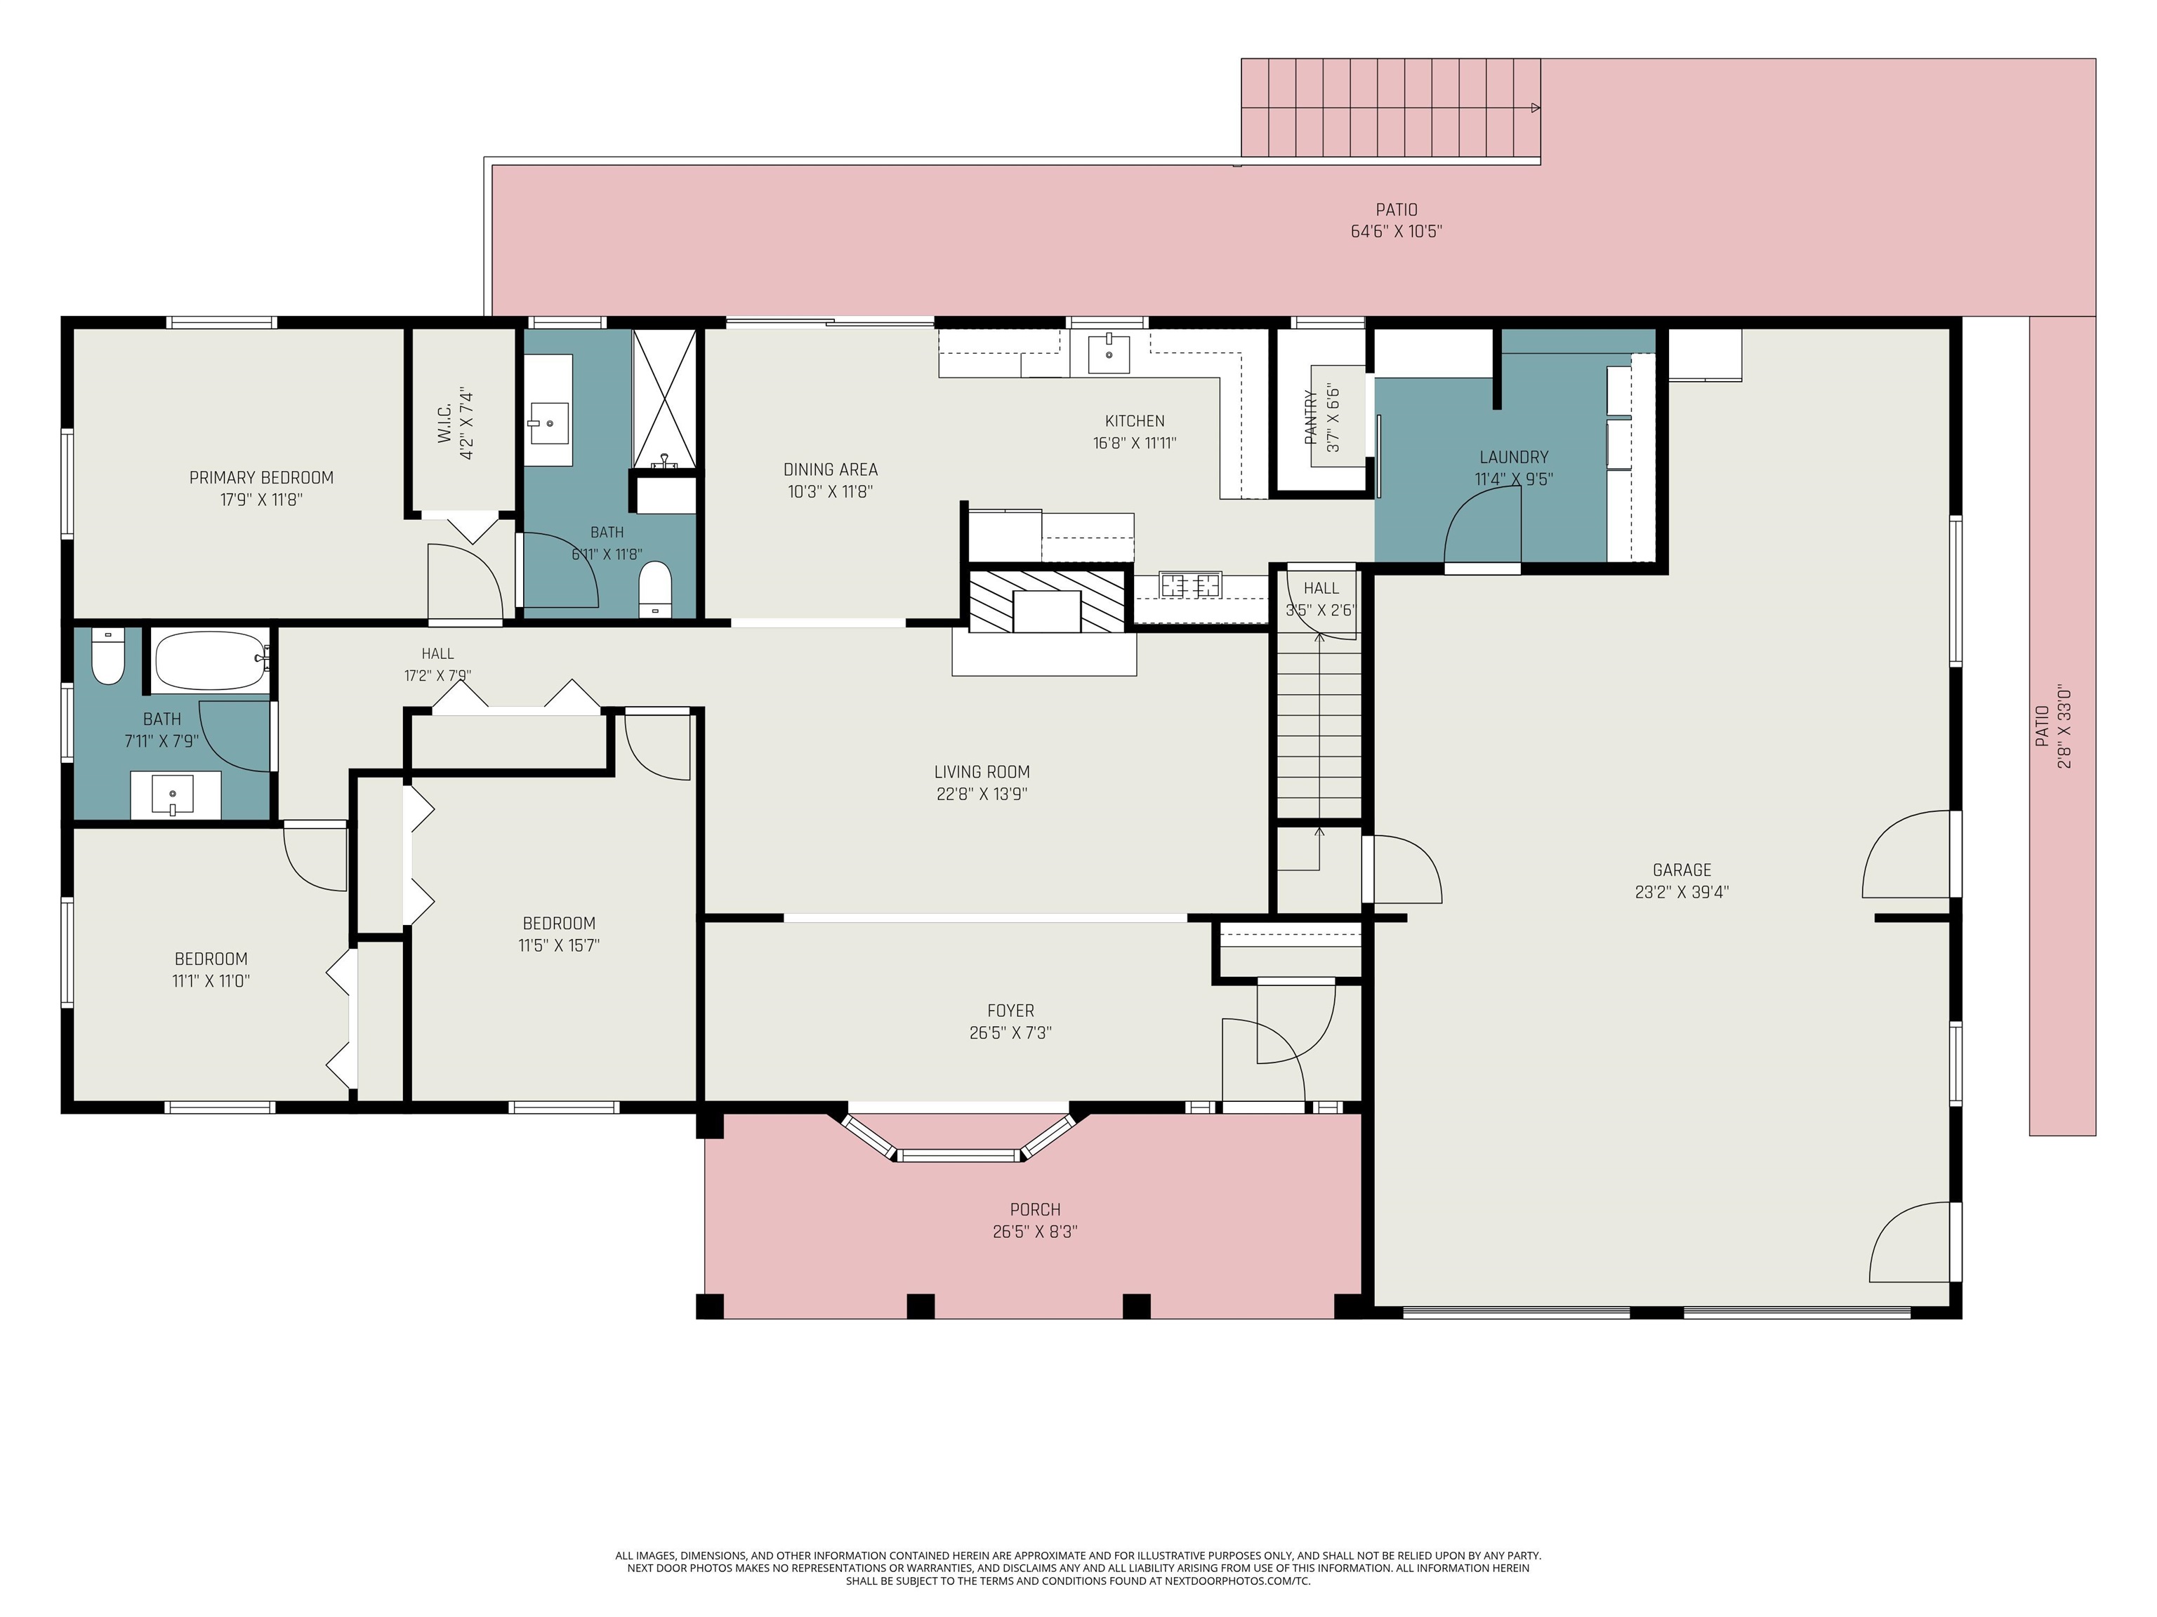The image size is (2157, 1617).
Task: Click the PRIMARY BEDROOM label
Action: coord(261,478)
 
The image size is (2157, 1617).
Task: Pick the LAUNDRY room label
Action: coord(1513,457)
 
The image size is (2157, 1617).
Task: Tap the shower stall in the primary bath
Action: coord(664,398)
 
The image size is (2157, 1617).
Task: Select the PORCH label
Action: coord(1035,1209)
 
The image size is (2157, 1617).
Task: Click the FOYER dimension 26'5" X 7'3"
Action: coord(1010,1033)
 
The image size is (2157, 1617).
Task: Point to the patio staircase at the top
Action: coord(1390,107)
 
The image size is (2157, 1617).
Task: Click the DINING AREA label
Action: coord(831,470)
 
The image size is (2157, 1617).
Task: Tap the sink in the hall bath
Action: coord(173,794)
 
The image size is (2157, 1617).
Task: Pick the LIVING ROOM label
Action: coord(982,772)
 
